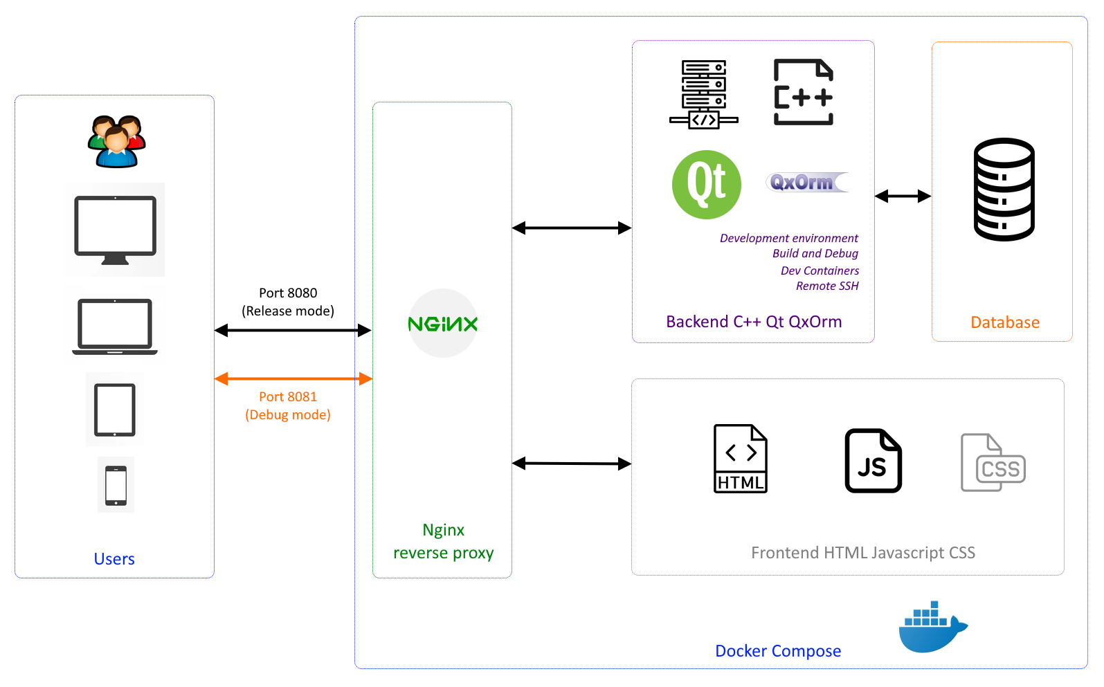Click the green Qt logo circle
click(x=706, y=185)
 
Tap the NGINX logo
click(x=443, y=324)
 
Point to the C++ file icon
click(x=803, y=92)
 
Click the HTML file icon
click(x=741, y=458)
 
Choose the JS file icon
click(x=873, y=461)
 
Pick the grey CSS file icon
click(x=993, y=463)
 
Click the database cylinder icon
click(x=1004, y=190)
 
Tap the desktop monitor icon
click(x=115, y=230)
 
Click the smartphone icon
click(x=116, y=485)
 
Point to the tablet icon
click(x=115, y=410)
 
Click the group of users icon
click(x=116, y=142)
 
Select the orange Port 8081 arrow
click(x=293, y=378)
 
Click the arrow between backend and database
click(x=903, y=196)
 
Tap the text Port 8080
click(x=288, y=293)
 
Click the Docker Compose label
click(x=778, y=651)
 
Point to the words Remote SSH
click(x=827, y=286)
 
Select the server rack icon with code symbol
click(x=703, y=94)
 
